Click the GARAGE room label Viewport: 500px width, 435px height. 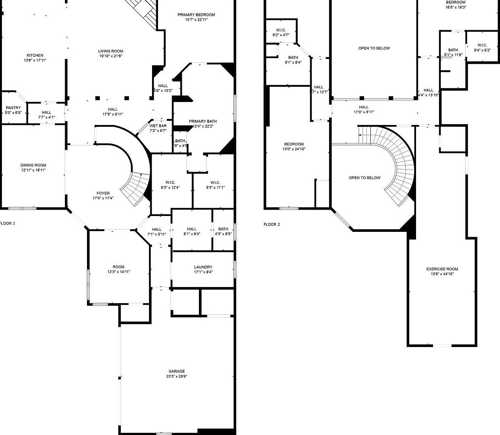[177, 371]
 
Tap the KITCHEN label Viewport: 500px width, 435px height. [35, 56]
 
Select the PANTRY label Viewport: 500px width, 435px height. [13, 108]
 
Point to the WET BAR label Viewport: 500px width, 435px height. [158, 126]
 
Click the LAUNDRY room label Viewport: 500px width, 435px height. [203, 267]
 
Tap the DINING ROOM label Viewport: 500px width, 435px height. [33, 165]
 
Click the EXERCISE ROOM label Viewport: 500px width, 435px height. [442, 269]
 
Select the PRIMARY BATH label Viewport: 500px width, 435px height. [203, 121]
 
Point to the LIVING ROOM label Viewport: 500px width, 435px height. [111, 51]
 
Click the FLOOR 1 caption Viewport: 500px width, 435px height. [8, 224]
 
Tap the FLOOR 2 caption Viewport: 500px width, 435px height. [272, 224]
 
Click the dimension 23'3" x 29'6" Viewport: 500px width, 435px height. [177, 376]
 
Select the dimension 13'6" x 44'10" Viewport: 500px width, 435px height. [442, 274]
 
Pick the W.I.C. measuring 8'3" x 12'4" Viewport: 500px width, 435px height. [170, 185]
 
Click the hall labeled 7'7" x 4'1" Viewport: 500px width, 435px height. [47, 115]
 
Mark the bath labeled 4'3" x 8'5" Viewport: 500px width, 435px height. [223, 231]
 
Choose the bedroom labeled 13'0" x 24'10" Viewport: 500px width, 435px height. [294, 147]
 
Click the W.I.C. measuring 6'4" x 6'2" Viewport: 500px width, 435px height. [482, 48]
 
